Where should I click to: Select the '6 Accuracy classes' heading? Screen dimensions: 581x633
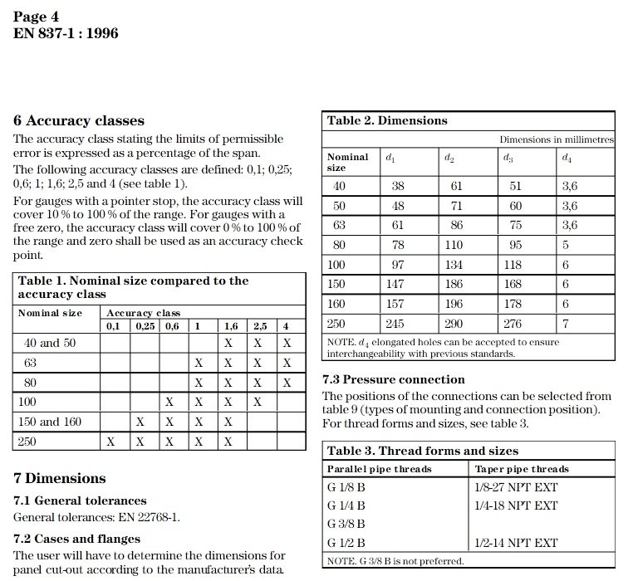tap(79, 120)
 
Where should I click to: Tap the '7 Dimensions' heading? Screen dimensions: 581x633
tap(60, 478)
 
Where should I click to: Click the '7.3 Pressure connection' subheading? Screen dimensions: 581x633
tap(393, 379)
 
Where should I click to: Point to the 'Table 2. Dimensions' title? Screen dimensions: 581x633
tap(387, 120)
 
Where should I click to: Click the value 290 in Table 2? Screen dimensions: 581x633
tap(454, 323)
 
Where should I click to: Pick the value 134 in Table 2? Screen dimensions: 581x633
tap(454, 265)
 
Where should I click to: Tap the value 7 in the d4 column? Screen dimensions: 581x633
tap(565, 323)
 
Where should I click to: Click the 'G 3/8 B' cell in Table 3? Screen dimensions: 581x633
tap(346, 524)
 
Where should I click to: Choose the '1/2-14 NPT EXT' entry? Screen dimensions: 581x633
tap(515, 543)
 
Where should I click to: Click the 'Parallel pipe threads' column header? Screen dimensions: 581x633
tap(380, 469)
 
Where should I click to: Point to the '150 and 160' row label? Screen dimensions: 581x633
tap(50, 422)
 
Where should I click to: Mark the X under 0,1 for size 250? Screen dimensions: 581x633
tap(110, 442)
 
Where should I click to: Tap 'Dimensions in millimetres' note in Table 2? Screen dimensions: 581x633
tap(557, 139)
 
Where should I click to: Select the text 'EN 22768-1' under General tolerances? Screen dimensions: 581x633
tap(150, 517)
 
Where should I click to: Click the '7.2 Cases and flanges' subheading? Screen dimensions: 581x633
tap(77, 539)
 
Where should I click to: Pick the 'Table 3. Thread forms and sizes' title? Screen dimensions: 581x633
tap(423, 451)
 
